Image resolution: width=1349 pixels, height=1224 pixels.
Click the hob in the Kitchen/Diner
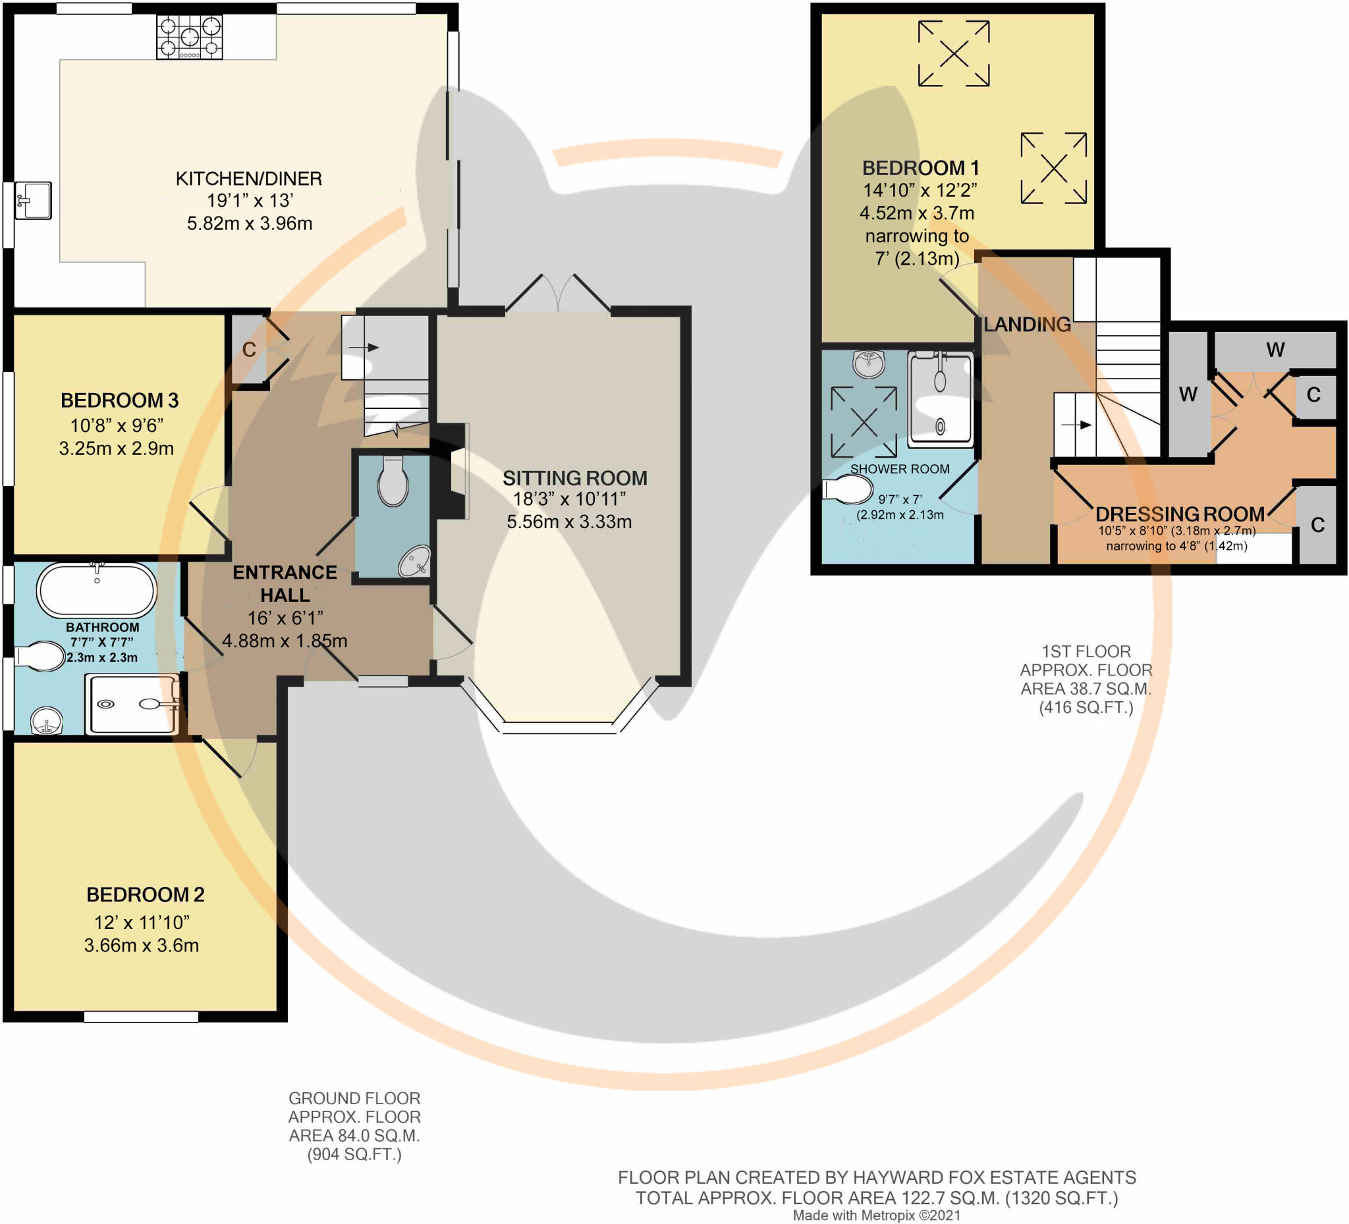(x=189, y=37)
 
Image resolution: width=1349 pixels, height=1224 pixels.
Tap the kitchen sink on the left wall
(x=34, y=200)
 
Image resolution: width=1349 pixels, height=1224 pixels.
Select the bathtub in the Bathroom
(x=97, y=590)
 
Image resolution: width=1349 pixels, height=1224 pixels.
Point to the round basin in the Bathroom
(x=47, y=721)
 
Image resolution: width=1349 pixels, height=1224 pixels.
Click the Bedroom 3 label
(x=120, y=400)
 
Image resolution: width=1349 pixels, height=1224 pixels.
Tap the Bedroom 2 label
(x=145, y=895)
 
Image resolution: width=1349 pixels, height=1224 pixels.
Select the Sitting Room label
(x=575, y=478)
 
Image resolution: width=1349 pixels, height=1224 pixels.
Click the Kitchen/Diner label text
(x=249, y=178)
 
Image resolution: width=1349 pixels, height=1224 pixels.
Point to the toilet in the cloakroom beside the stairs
(x=393, y=480)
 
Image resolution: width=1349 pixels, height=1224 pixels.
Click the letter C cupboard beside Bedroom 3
(x=249, y=349)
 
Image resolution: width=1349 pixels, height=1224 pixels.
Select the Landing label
(x=1027, y=325)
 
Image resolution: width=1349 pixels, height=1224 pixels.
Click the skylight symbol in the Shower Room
(x=864, y=422)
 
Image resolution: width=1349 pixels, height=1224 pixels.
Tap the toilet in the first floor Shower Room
(x=848, y=491)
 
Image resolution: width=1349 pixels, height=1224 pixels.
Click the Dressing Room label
(x=1180, y=514)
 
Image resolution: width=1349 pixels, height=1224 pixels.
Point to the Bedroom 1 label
(x=920, y=168)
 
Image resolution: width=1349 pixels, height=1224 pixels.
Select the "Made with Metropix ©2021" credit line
(x=877, y=1215)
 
